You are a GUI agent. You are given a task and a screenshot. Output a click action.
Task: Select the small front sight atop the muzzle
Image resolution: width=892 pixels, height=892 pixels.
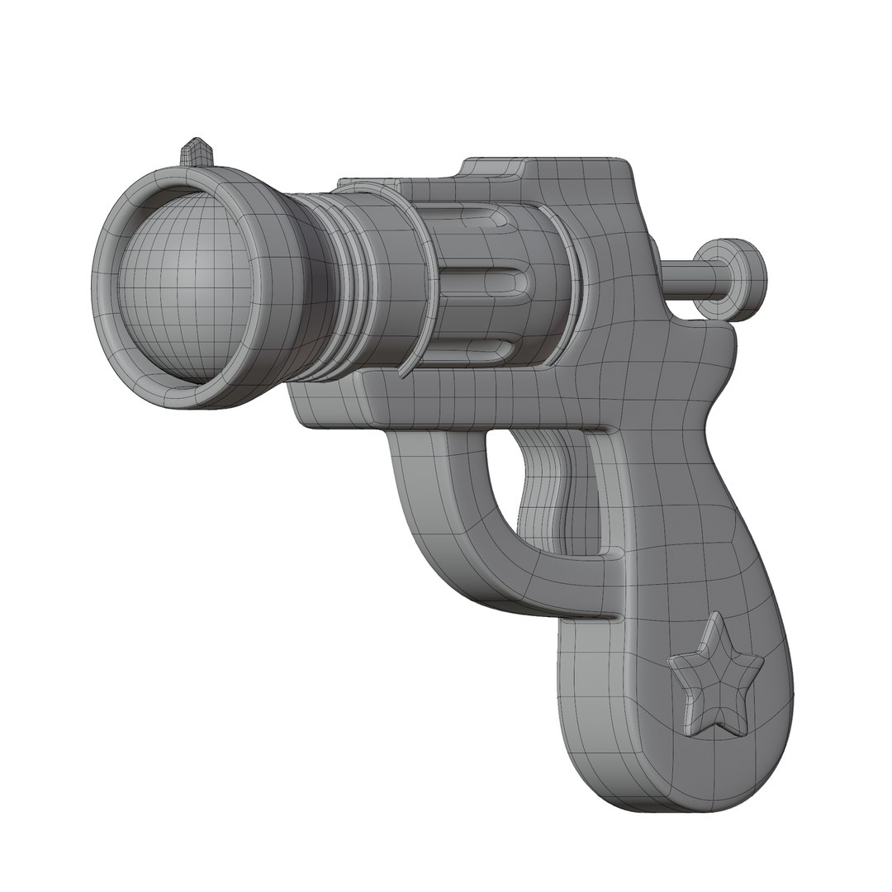[x=197, y=151]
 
